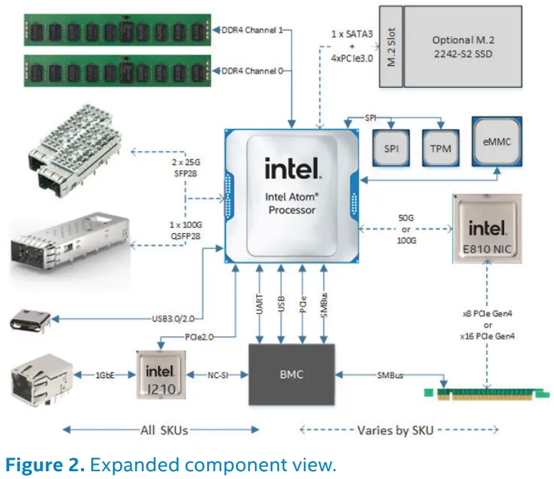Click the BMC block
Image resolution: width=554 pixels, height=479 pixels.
click(x=292, y=375)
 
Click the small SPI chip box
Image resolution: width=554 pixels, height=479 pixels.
click(x=391, y=149)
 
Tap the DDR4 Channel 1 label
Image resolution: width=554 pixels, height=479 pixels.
click(x=252, y=31)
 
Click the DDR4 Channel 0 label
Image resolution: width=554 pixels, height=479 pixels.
click(x=252, y=70)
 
